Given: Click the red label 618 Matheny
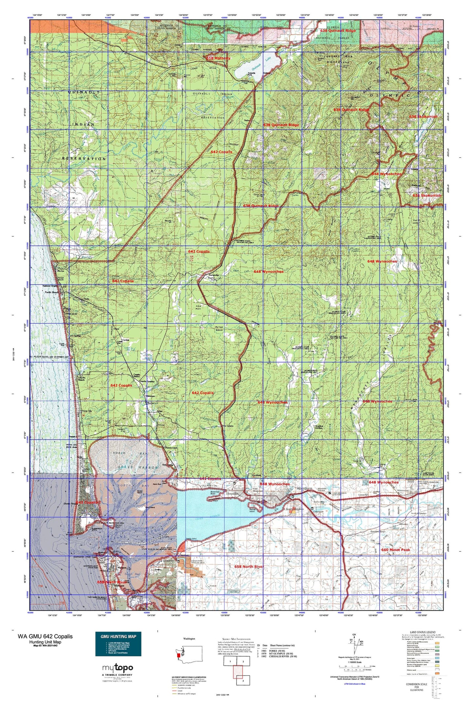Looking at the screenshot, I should point(218,58).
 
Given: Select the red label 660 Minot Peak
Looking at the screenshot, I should point(395,550).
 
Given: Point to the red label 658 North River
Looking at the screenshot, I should point(249,566).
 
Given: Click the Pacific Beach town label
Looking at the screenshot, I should point(52,292).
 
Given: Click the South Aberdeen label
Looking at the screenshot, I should point(295,509).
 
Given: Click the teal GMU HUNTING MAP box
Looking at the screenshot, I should point(118,644).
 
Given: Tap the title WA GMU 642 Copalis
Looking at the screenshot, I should point(45,636).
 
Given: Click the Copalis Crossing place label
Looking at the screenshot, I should point(147,382).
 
